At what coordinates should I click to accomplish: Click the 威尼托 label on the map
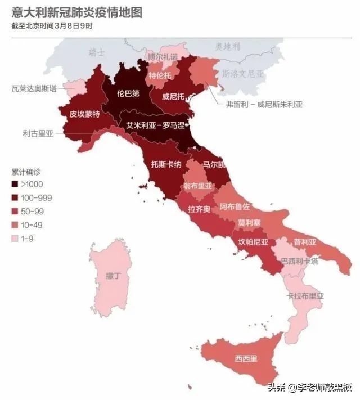(x=173, y=96)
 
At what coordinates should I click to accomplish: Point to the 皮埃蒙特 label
(x=85, y=114)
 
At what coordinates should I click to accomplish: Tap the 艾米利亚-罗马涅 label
(x=155, y=125)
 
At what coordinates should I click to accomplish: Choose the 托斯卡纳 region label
(x=166, y=165)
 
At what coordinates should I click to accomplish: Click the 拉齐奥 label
(x=199, y=209)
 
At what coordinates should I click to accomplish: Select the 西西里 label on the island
(x=246, y=358)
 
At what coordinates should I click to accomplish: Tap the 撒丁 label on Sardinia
(x=114, y=276)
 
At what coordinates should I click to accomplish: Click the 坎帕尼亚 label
(x=253, y=243)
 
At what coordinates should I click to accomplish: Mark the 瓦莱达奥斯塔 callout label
(x=34, y=88)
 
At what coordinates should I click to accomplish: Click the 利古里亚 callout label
(x=38, y=133)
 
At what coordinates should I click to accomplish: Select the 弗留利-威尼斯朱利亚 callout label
(x=264, y=104)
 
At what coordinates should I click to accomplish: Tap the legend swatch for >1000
(x=15, y=184)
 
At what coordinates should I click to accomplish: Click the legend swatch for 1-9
(x=15, y=239)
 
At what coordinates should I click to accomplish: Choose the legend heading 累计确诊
(x=26, y=171)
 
